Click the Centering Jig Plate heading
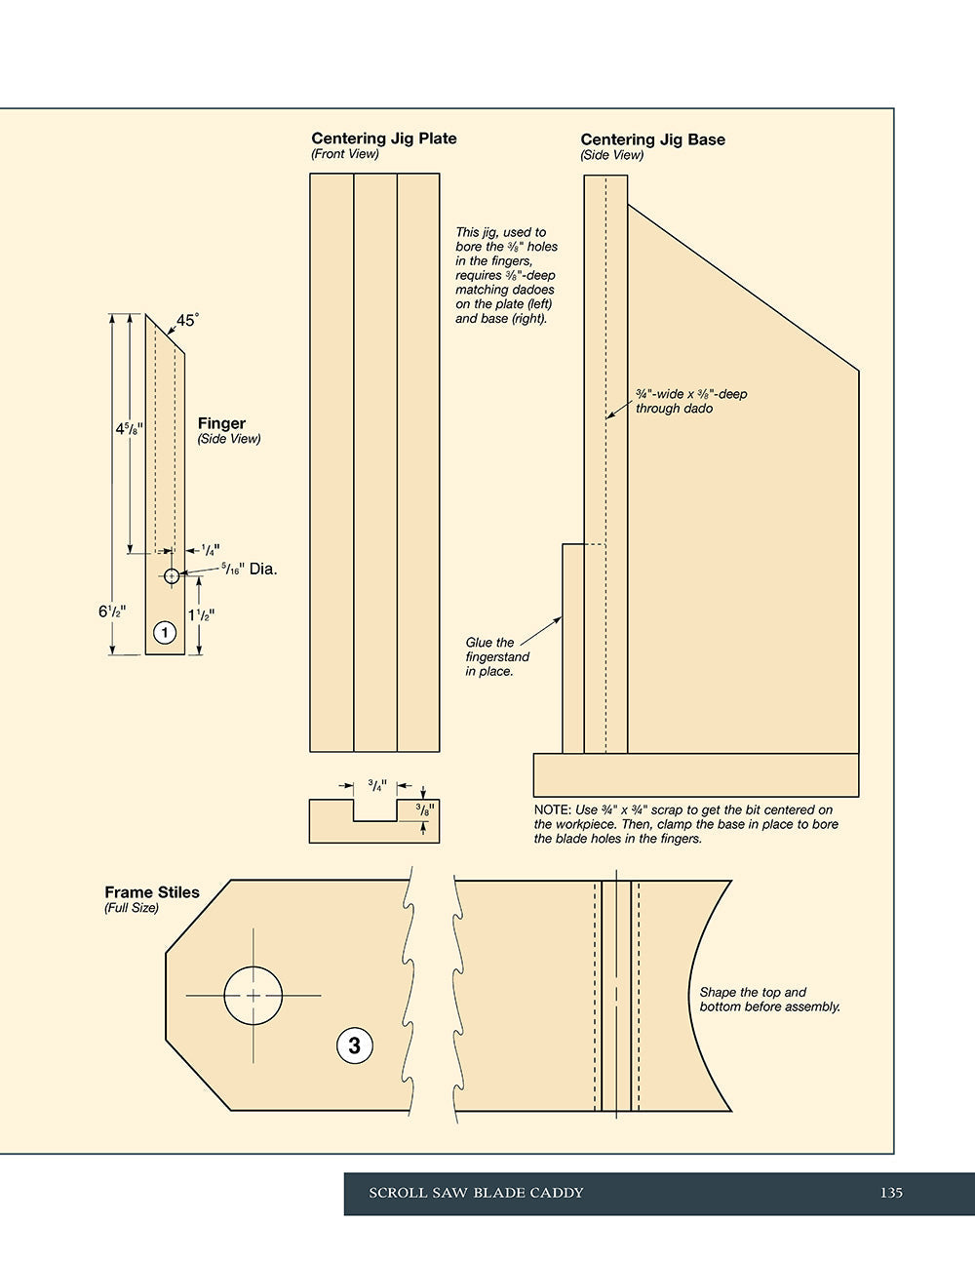383,138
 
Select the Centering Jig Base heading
653,140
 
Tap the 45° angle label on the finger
187,320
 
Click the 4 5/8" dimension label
129,429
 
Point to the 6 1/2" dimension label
112,611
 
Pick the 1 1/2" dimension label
202,615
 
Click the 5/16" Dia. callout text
249,570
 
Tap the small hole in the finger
172,576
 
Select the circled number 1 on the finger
165,632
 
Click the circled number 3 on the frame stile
355,1045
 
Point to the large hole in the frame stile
253,996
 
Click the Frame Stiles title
152,892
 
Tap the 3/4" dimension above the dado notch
377,786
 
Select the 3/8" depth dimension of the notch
425,809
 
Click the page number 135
891,1193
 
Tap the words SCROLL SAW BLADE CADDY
476,1193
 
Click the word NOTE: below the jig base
553,810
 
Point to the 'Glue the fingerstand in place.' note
497,656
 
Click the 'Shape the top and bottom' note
769,1000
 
